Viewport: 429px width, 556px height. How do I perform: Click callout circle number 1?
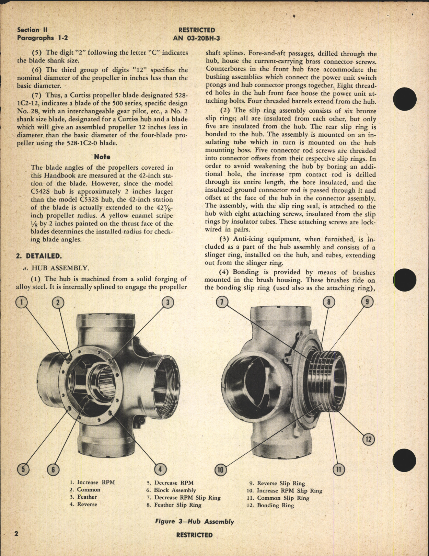22,302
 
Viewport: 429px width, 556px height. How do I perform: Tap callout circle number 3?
168,302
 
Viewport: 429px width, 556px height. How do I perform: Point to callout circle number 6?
53,469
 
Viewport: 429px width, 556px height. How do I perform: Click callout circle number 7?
222,302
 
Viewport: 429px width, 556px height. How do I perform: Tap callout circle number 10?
221,469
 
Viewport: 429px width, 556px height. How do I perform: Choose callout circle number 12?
369,439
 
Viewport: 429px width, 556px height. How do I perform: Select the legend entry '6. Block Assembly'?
171,490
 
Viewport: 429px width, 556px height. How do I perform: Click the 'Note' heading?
102,157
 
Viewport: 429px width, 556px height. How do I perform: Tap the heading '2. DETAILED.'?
39,256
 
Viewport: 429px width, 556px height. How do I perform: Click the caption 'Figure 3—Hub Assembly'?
195,521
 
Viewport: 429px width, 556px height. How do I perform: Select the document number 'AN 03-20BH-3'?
196,38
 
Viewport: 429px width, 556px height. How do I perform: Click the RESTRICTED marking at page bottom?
194,535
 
